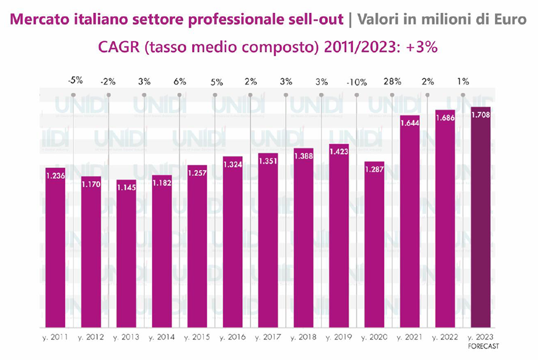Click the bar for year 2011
point(55,250)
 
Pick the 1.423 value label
point(338,154)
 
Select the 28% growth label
point(392,82)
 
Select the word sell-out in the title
point(319,19)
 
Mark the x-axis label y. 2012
point(91,337)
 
